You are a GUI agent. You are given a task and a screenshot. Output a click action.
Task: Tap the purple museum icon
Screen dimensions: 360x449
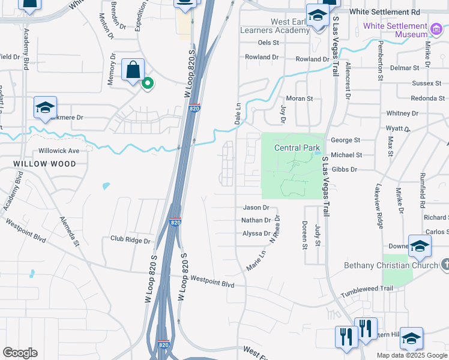(437, 27)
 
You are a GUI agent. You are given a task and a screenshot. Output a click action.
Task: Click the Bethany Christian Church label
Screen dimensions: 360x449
(390, 265)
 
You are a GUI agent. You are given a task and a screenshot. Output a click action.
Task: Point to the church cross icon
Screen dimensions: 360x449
(445, 265)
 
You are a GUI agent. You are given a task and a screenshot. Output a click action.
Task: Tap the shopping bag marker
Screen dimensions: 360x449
(133, 70)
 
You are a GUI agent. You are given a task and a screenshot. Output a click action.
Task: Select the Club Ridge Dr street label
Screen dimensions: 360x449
(130, 238)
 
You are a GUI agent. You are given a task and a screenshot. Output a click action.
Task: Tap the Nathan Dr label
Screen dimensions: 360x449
(256, 220)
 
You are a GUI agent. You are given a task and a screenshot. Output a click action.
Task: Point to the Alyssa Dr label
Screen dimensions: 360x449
(256, 233)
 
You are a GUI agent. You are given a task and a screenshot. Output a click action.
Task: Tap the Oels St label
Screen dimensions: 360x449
(268, 43)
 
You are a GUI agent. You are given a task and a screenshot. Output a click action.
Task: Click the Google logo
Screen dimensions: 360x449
(20, 353)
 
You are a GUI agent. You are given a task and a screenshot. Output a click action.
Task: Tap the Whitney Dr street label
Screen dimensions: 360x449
(398, 113)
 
